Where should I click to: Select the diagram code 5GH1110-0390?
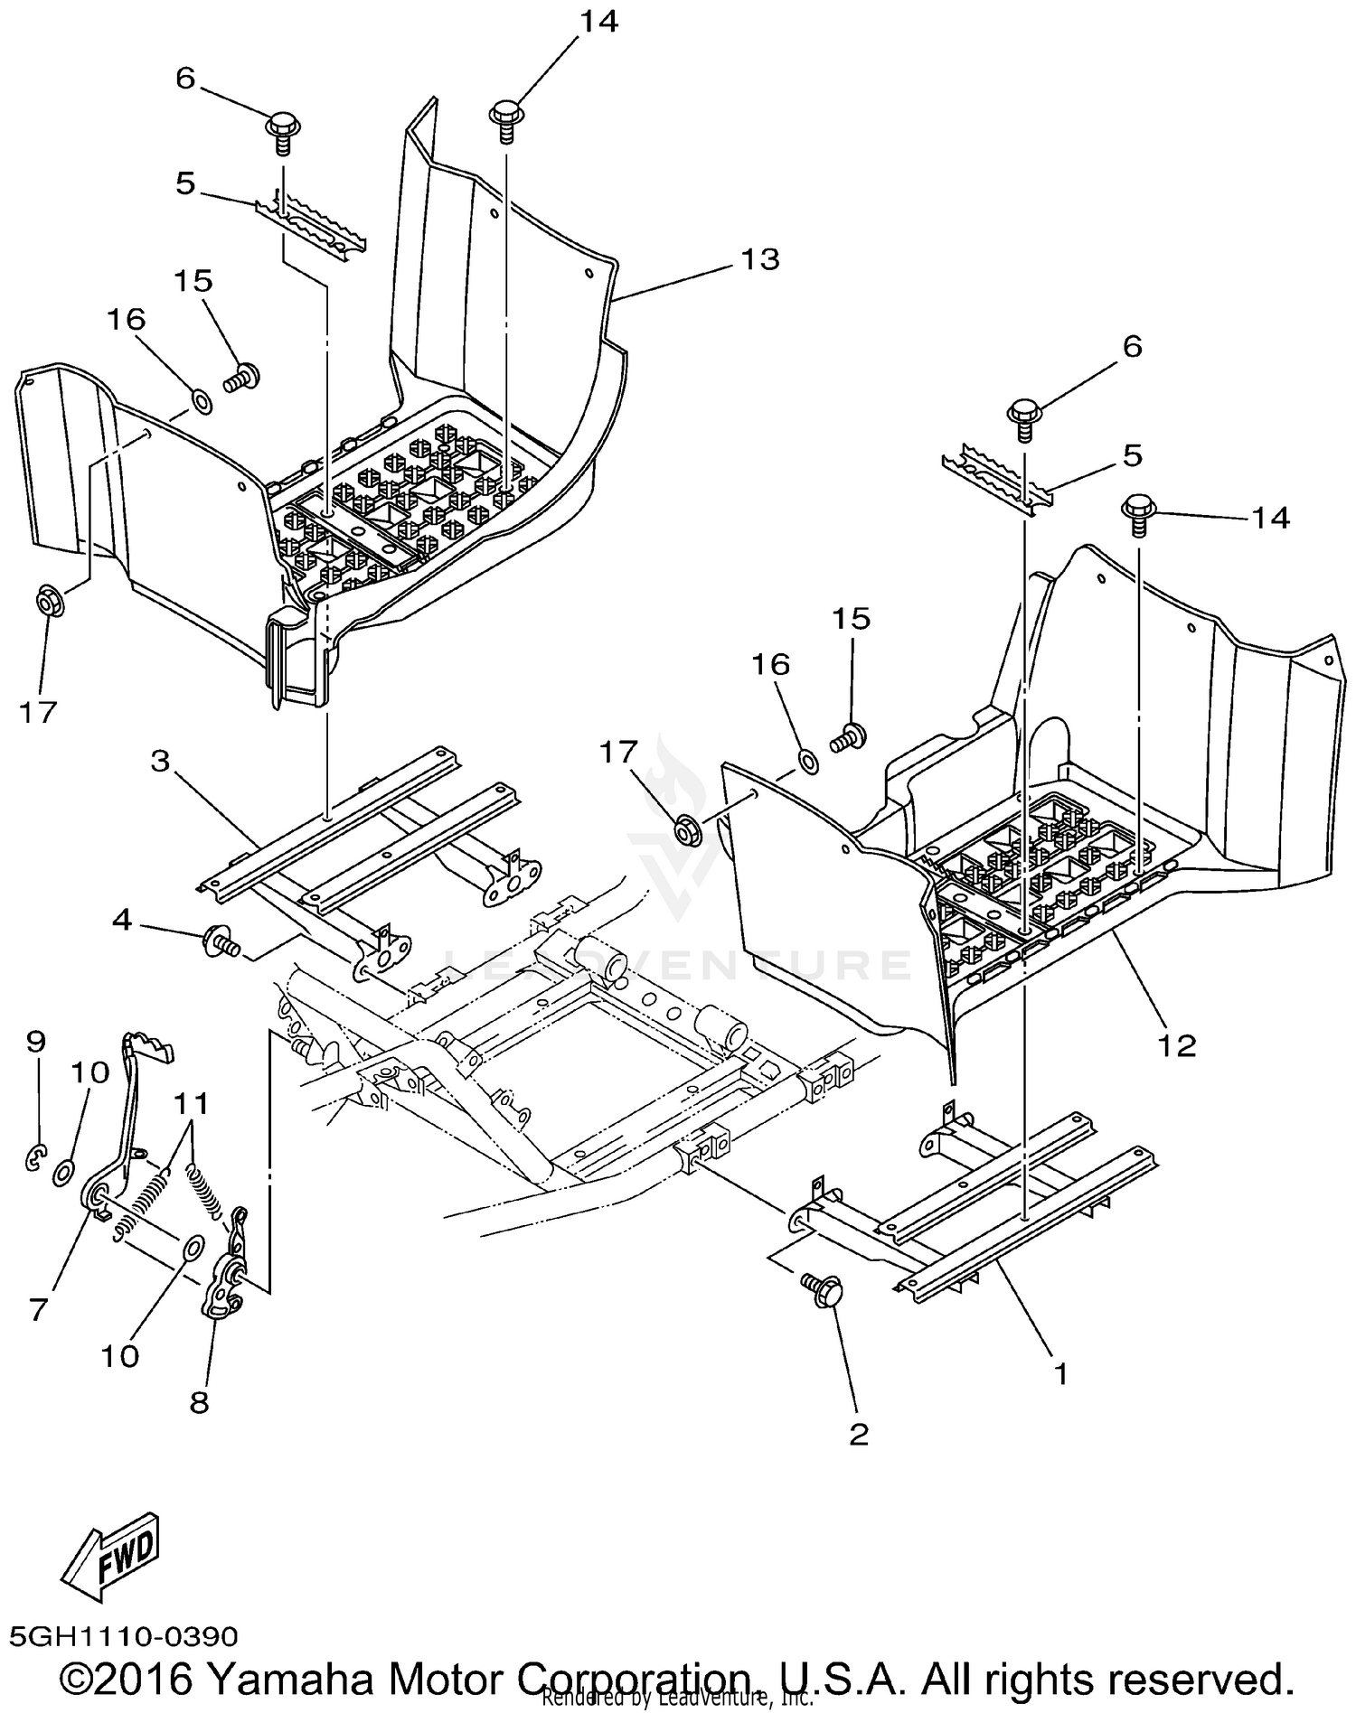pos(124,1636)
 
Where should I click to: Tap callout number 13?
pos(759,259)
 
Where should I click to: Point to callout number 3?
pos(160,762)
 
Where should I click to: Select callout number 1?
pos(1060,1374)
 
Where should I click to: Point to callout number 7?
pos(37,1310)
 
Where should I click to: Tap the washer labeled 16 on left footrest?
pos(202,400)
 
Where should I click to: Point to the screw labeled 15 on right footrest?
pos(850,735)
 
